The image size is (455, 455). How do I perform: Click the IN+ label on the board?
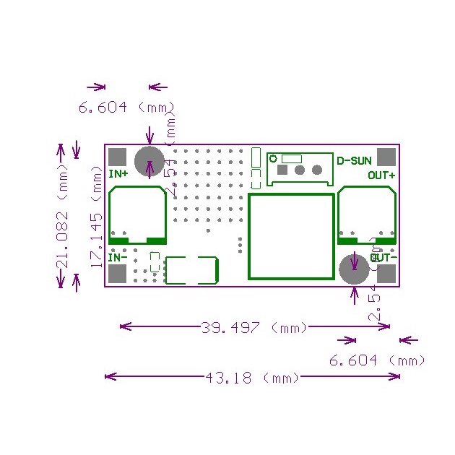(118, 174)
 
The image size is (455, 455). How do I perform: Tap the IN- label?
(118, 257)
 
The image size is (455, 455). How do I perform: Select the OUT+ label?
(381, 175)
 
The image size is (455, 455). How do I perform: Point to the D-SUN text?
(354, 160)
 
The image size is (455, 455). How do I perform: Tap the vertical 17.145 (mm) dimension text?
(97, 217)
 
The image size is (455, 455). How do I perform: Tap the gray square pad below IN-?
(117, 274)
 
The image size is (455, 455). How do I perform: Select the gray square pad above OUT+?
(387, 157)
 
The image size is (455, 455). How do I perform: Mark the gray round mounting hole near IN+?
(149, 159)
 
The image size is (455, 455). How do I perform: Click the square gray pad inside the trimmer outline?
(282, 170)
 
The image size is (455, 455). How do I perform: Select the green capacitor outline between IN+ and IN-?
(137, 215)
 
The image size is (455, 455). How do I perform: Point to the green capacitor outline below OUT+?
(367, 215)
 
